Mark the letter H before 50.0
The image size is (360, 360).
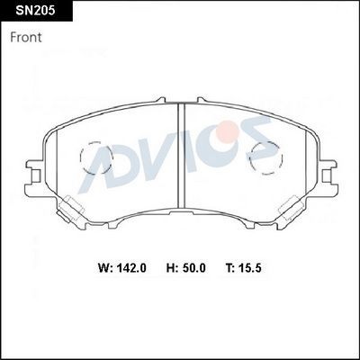170,267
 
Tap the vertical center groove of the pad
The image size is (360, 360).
181,153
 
